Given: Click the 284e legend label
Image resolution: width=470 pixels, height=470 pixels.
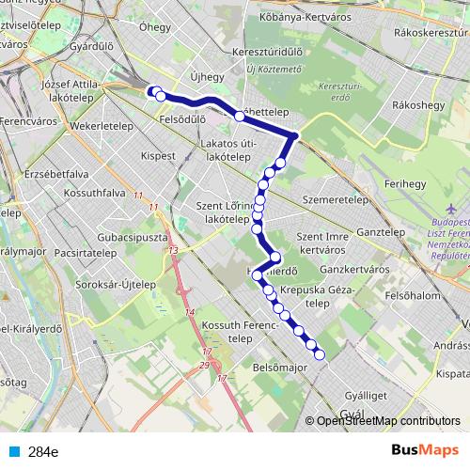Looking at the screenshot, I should (x=43, y=452).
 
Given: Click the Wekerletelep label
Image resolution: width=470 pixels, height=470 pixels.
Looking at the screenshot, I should (x=104, y=122).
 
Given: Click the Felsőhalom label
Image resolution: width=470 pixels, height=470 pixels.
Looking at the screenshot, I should (x=413, y=295).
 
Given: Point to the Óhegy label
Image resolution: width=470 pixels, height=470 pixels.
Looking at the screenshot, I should (x=155, y=27).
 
